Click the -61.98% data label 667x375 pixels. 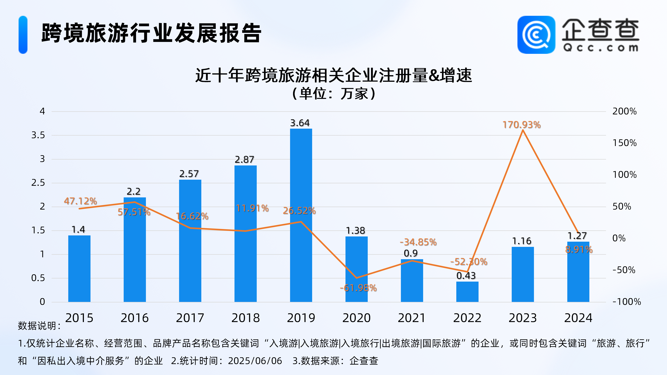[358, 288]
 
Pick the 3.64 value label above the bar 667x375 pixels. [300, 123]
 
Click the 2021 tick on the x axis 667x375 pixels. [412, 318]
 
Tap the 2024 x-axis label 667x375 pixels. [578, 318]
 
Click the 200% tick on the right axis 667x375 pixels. [624, 111]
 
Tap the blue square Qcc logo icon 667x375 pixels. [536, 35]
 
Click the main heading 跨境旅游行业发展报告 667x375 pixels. [151, 33]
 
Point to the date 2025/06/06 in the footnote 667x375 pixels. [255, 361]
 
